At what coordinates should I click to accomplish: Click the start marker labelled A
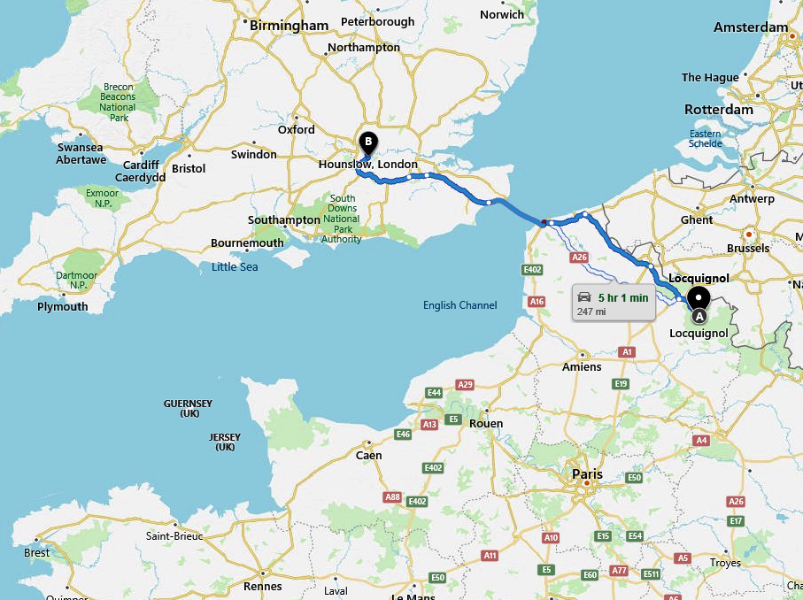(699, 301)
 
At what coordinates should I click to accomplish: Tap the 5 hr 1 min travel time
(623, 297)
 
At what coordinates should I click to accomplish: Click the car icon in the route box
(584, 297)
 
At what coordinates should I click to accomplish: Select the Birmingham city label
(289, 26)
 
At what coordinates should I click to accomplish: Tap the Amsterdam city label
(751, 27)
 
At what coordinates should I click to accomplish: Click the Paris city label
(587, 474)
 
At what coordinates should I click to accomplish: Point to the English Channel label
(459, 305)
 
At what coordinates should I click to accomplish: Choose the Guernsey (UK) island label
(188, 408)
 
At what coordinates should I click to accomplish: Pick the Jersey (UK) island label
(225, 442)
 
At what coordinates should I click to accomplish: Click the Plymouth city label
(63, 307)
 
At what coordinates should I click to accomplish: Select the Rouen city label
(486, 423)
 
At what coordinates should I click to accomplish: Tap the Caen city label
(368, 456)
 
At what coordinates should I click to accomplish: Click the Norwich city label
(502, 14)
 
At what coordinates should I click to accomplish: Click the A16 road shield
(537, 302)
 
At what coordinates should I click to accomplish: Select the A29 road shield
(465, 384)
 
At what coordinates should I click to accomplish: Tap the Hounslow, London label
(367, 165)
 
